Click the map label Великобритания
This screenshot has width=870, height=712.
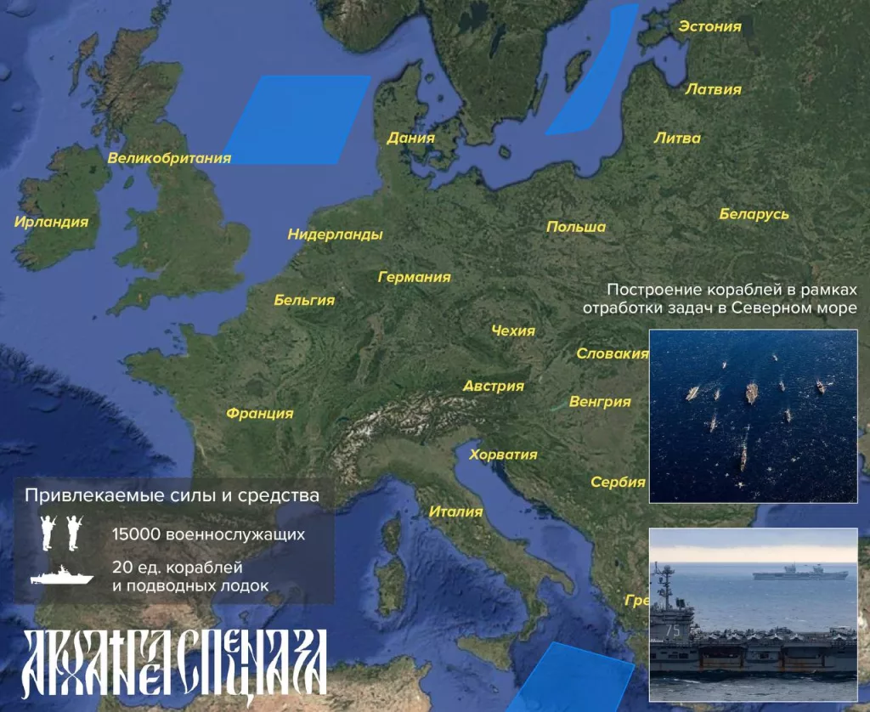pos(169,158)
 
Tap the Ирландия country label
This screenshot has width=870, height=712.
pos(51,222)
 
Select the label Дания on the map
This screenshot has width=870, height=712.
pos(410,138)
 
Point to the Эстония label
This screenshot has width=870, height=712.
pos(709,26)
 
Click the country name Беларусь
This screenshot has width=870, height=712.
pos(754,214)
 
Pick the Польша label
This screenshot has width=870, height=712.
pos(576,227)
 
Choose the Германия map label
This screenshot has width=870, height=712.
pos(415,277)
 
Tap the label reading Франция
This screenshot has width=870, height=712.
pos(259,414)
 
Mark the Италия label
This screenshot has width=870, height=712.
pos(455,511)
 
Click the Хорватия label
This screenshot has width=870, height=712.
pos(503,455)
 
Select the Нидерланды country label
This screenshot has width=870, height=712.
pos(335,235)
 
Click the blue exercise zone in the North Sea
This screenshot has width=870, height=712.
pos(297,119)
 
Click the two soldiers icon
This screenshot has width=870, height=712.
pos(61,532)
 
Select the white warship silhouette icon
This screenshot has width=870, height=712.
pos(61,576)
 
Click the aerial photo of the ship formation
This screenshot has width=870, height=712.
pos(753,415)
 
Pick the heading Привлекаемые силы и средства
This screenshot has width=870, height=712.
pos(172,494)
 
